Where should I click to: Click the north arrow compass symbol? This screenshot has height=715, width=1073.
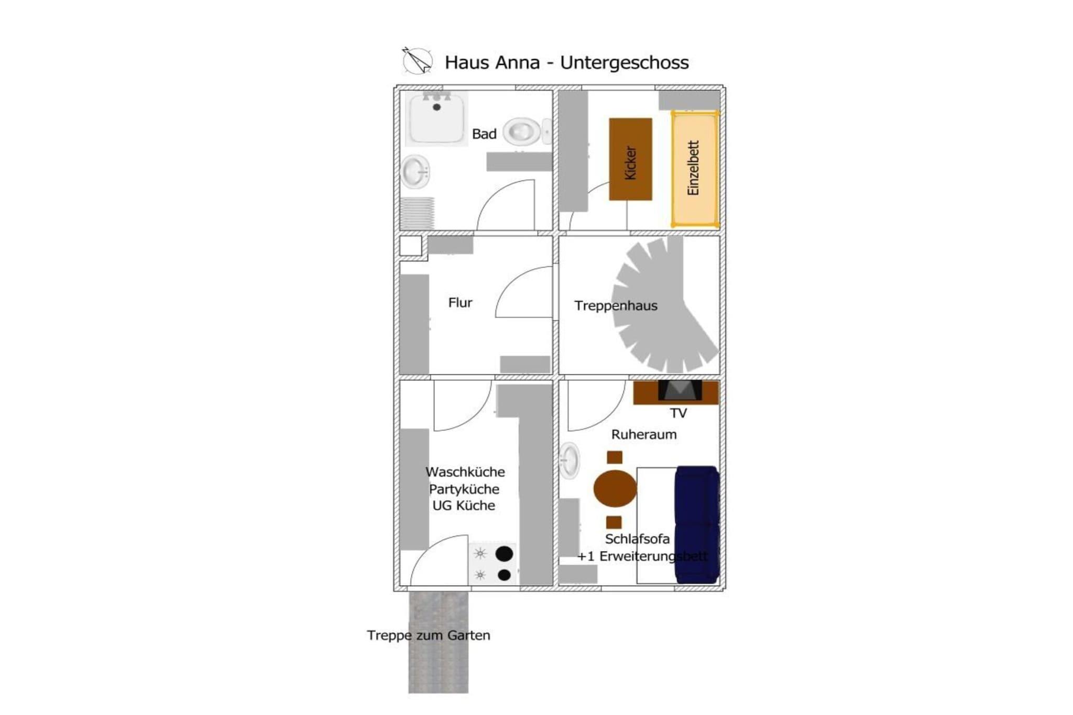click(x=417, y=60)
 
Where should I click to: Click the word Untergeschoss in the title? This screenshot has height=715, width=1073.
click(x=624, y=62)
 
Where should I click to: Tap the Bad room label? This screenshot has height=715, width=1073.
click(x=484, y=134)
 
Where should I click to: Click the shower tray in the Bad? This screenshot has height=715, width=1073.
click(x=436, y=118)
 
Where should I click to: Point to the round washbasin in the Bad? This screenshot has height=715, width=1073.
click(x=416, y=172)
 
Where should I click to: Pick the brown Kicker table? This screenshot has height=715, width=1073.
click(x=630, y=159)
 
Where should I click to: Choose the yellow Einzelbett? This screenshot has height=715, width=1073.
click(x=695, y=168)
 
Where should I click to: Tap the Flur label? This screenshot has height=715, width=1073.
click(x=460, y=303)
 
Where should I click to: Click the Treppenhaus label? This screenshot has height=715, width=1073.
click(x=616, y=305)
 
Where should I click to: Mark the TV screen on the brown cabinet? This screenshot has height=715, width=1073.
click(x=680, y=390)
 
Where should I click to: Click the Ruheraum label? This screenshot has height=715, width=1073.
click(x=644, y=434)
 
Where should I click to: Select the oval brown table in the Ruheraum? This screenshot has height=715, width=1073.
click(x=615, y=488)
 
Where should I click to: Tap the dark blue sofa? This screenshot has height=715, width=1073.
click(x=697, y=525)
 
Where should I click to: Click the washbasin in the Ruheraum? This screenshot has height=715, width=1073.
click(x=570, y=461)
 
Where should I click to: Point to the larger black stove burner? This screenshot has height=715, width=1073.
click(x=505, y=554)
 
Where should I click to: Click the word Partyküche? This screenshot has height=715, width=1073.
click(x=464, y=489)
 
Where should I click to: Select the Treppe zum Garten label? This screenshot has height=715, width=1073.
click(x=429, y=635)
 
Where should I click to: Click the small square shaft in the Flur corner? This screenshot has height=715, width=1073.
click(x=411, y=246)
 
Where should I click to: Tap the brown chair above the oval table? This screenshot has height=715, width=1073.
click(x=615, y=457)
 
